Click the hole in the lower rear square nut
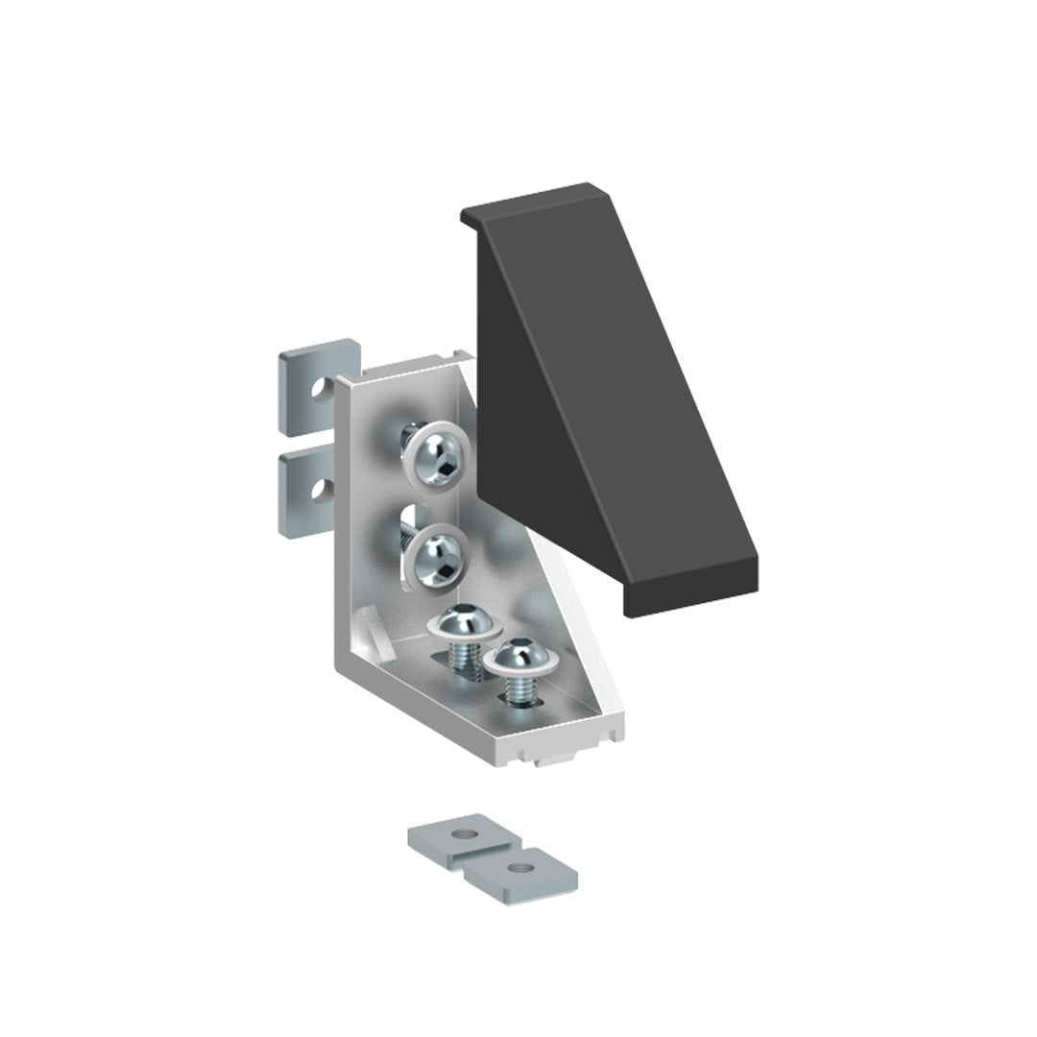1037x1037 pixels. pos(317,493)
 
